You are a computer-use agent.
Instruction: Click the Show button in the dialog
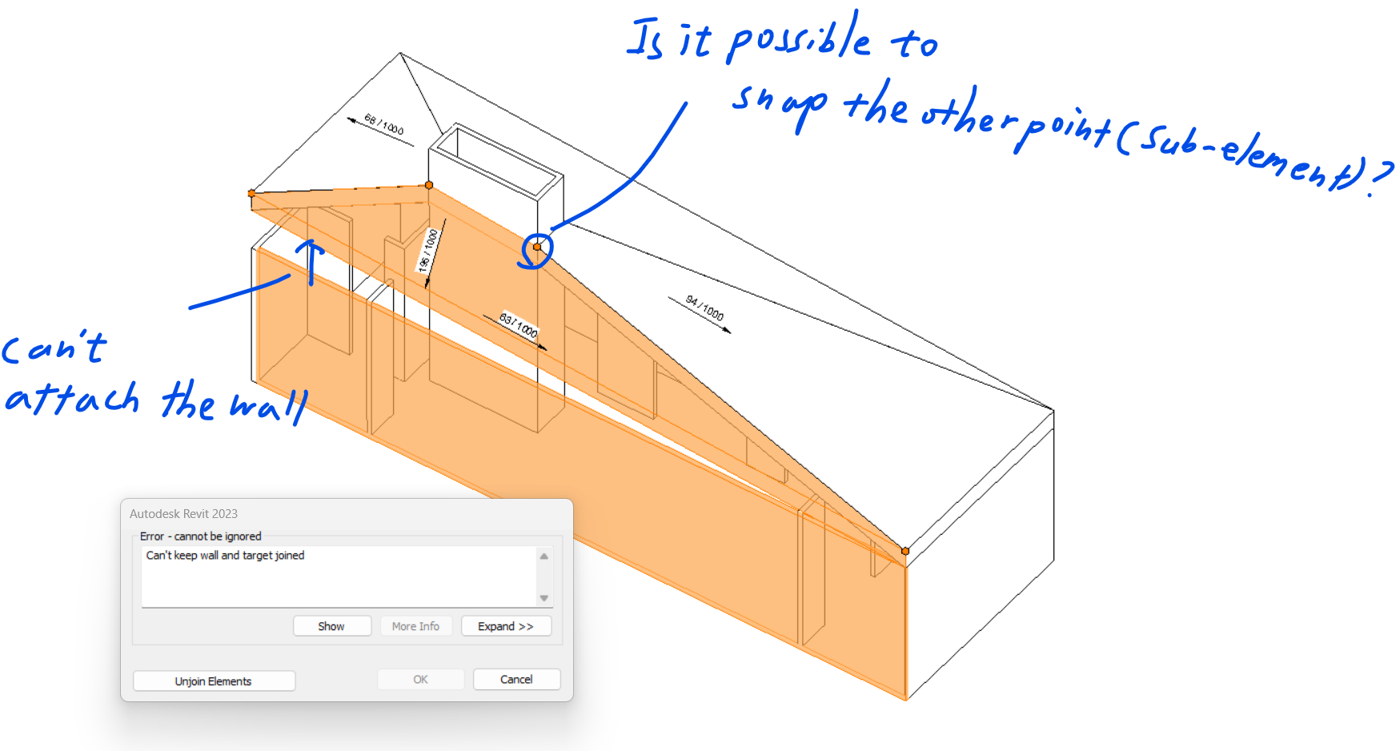pos(331,626)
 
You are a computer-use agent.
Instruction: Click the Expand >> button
pos(506,626)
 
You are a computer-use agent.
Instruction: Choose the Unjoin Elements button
pos(214,681)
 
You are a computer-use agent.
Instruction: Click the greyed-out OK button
pos(420,680)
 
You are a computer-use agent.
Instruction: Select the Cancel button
pos(516,680)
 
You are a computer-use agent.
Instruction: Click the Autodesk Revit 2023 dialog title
pos(184,514)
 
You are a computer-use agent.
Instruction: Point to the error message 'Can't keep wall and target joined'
pos(225,556)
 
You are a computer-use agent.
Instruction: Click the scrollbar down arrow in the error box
pos(544,598)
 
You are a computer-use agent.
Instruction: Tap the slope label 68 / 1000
pos(384,125)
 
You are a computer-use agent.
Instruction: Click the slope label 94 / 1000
pos(704,308)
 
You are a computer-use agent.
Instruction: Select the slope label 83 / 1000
pos(519,324)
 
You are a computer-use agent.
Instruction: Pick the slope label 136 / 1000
pos(429,250)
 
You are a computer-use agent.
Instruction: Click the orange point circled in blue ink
pos(537,247)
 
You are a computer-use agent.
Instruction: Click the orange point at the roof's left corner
pos(251,193)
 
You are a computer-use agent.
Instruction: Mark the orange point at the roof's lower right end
pos(905,551)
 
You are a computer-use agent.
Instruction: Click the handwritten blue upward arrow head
pos(311,245)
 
